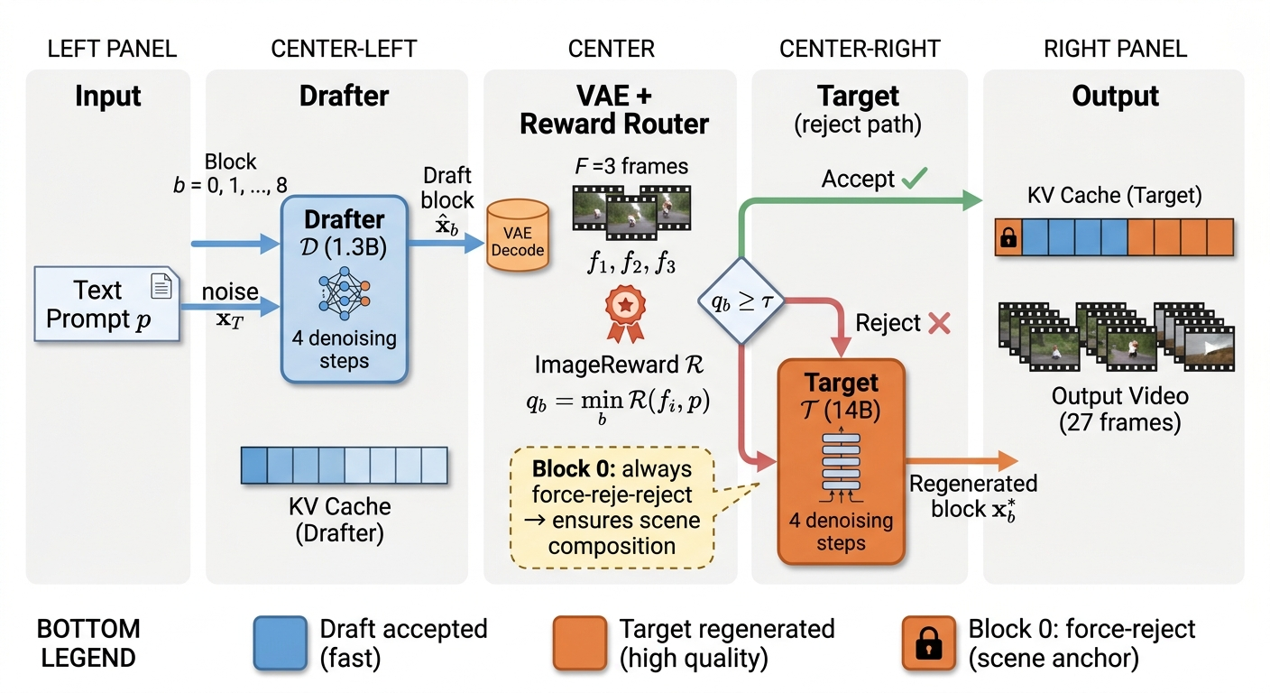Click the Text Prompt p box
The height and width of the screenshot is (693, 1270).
pyautogui.click(x=107, y=305)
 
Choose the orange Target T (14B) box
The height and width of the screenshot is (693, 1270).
pyautogui.click(x=841, y=460)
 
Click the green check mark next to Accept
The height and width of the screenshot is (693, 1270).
pyautogui.click(x=914, y=179)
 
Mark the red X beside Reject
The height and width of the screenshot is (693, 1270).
pyautogui.click(x=939, y=323)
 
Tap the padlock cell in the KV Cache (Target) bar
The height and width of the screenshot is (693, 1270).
pyautogui.click(x=1008, y=238)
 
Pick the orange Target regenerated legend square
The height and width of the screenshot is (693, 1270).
pyautogui.click(x=579, y=643)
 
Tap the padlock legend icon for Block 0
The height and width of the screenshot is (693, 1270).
pyautogui.click(x=929, y=643)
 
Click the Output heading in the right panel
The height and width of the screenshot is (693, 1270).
pyautogui.click(x=1115, y=97)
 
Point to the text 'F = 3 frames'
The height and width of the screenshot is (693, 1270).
pyautogui.click(x=631, y=166)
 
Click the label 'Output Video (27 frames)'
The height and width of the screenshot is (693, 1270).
pyautogui.click(x=1119, y=409)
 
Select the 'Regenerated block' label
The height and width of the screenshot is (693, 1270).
pyautogui.click(x=973, y=495)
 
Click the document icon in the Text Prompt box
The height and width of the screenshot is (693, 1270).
pyautogui.click(x=161, y=286)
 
